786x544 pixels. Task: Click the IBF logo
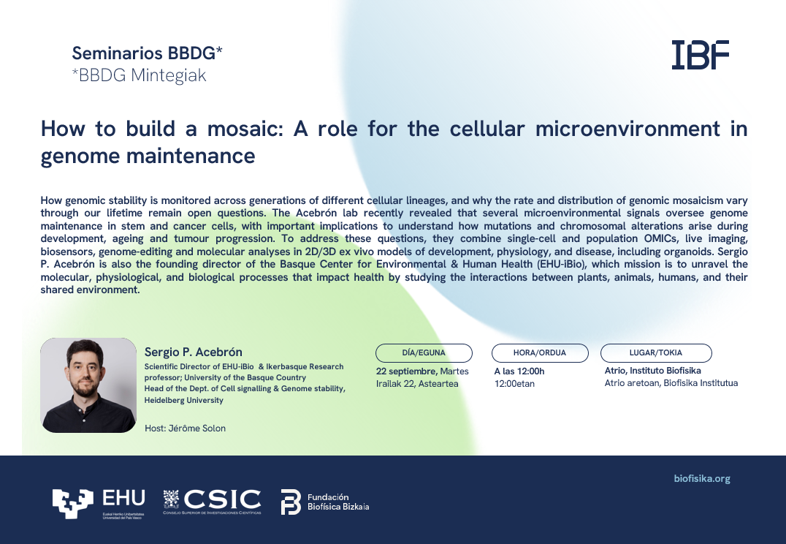(x=701, y=55)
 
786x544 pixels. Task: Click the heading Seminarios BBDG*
(x=147, y=53)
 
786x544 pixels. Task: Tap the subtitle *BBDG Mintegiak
(x=139, y=75)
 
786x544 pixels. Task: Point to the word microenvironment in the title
(x=627, y=129)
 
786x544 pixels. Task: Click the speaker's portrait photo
(x=88, y=385)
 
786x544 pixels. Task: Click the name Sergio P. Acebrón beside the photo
(x=194, y=352)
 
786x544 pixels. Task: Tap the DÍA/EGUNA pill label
(x=424, y=353)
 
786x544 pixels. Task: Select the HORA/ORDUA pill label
(x=540, y=353)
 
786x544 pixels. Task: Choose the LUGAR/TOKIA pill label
(x=656, y=353)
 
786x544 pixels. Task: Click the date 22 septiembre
(x=407, y=371)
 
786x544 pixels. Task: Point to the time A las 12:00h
(x=519, y=371)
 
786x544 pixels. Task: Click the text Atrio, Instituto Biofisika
(x=652, y=371)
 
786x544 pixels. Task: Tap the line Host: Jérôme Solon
(x=185, y=428)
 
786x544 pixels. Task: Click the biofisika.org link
(x=702, y=479)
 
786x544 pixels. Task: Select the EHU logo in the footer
(x=99, y=503)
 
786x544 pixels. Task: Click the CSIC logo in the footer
(x=212, y=502)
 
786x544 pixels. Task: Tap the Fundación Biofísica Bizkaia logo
(x=325, y=502)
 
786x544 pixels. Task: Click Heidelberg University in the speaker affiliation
(x=184, y=400)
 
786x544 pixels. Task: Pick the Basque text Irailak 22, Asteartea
(x=417, y=383)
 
